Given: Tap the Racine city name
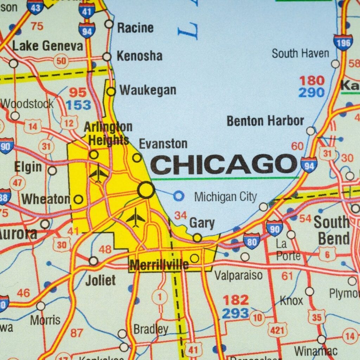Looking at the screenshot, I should pos(135,28).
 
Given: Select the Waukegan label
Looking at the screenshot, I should pos(148,90).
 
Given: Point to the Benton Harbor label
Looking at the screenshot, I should pos(265,121).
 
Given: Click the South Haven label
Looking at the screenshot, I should pos(301,53).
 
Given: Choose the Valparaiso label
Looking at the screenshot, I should pos(238,275).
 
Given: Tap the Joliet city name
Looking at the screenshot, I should pos(100,280).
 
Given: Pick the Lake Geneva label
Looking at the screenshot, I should pos(48,46).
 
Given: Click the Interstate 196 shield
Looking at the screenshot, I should pos(343,42).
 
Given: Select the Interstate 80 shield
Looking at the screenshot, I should pos(251,241).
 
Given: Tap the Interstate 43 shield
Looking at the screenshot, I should pos(35,7).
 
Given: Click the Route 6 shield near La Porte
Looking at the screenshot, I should pos(327,254).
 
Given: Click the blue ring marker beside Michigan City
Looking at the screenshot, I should pos(179,195).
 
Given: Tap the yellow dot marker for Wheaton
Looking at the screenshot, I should pos(78,200).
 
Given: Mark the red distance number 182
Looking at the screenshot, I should pos(235,300).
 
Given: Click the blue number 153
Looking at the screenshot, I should pos(78,105).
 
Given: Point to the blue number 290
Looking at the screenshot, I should pos(311,93).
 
